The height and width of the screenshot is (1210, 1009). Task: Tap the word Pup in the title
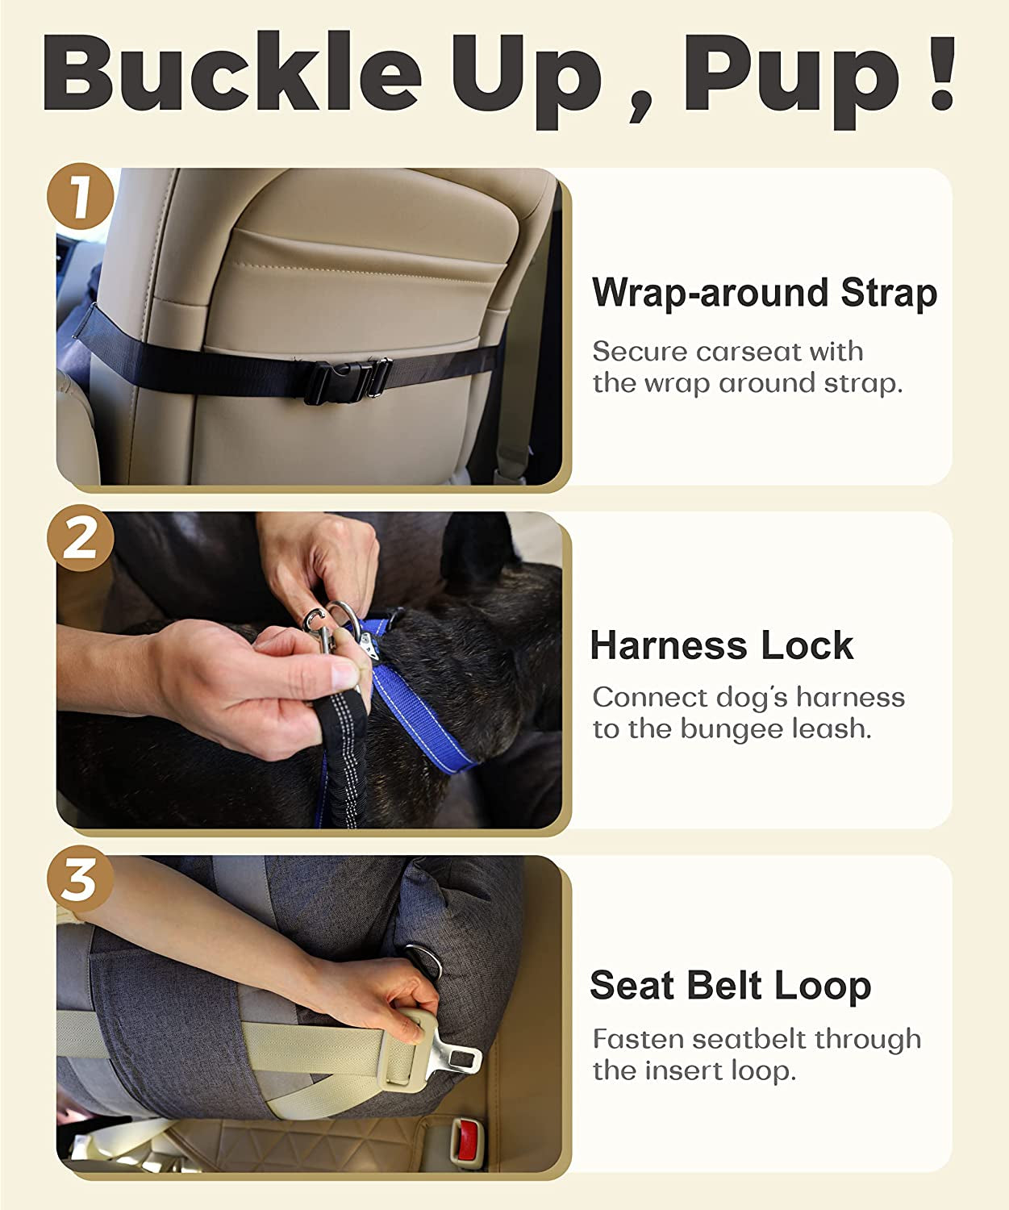[x=794, y=75]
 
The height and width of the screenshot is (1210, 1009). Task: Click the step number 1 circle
[x=80, y=197]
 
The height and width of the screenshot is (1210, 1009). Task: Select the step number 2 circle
[x=80, y=539]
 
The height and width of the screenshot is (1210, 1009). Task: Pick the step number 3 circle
[x=80, y=880]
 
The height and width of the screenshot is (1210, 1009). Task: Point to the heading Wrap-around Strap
[x=764, y=292]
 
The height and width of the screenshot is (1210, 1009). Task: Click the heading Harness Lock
[x=721, y=645]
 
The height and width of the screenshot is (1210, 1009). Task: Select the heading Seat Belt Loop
[x=730, y=986]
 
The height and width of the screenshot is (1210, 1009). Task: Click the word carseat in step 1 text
[x=749, y=352]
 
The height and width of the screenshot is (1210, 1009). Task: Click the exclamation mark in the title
[x=941, y=75]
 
